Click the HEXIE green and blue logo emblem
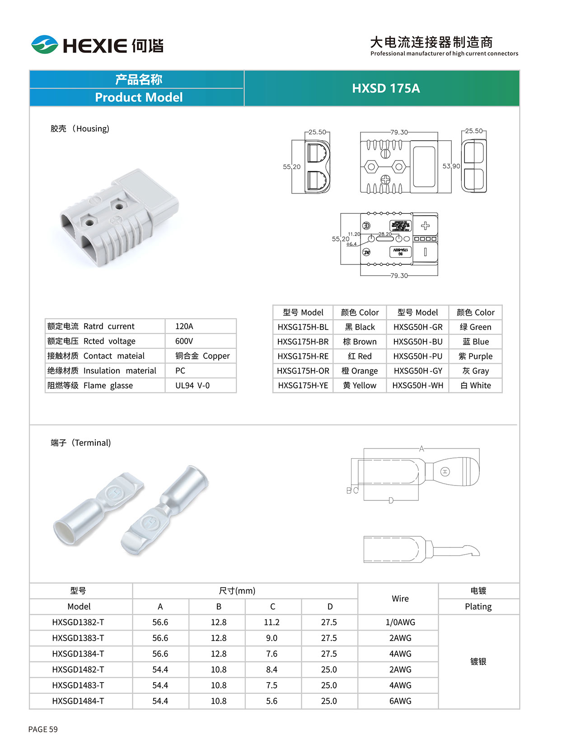coord(44,44)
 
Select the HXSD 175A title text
coord(386,88)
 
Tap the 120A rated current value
coord(184,326)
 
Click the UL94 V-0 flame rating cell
coord(192,386)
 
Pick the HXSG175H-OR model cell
coord(303,371)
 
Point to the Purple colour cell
coord(475,356)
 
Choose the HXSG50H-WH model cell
coord(417,386)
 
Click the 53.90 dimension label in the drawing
coord(451,166)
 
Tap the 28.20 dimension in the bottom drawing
coord(385,234)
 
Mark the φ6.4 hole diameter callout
coord(351,244)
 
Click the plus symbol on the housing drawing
coord(425,226)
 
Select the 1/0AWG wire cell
coord(400,622)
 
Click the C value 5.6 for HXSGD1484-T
coord(272,701)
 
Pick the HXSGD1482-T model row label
coord(78,670)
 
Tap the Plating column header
coord(478,607)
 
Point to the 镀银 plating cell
coord(478,661)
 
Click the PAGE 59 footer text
coord(43,729)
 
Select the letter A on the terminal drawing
coord(421,448)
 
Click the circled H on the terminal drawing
coord(445,472)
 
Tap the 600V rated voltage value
coord(184,341)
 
